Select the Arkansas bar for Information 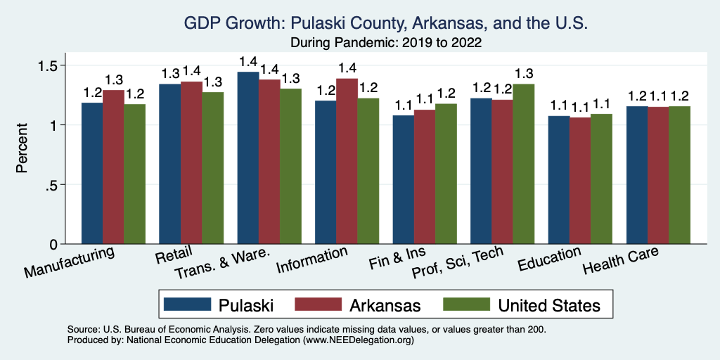point(347,162)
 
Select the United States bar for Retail point(213,169)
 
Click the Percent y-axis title point(22,149)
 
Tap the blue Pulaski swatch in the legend point(188,304)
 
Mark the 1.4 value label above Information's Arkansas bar point(347,68)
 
